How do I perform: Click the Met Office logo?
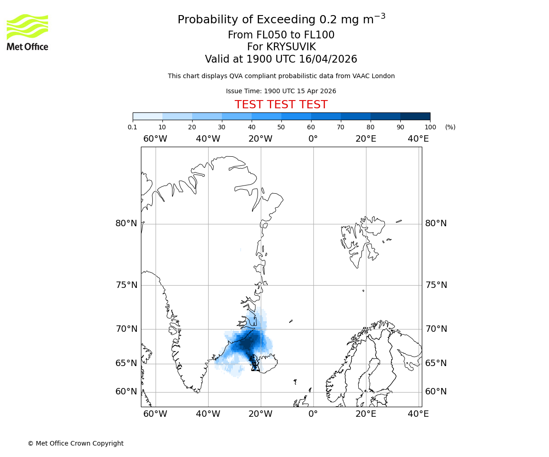27,32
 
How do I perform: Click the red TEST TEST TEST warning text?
281,105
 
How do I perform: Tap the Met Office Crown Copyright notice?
75,443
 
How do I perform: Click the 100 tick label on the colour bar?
430,127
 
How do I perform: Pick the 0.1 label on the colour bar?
133,127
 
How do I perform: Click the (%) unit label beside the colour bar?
450,127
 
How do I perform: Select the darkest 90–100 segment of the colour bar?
415,116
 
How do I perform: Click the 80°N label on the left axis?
126,223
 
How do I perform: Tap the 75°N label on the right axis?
436,285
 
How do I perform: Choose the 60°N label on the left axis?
126,392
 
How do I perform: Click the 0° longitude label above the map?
313,138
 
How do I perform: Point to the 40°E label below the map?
418,414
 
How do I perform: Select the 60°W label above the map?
155,138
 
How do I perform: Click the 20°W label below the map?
260,414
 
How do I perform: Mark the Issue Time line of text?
281,91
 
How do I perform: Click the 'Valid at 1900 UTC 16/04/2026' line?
281,59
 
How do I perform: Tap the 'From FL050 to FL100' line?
281,35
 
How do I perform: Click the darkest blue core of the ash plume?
246,343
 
